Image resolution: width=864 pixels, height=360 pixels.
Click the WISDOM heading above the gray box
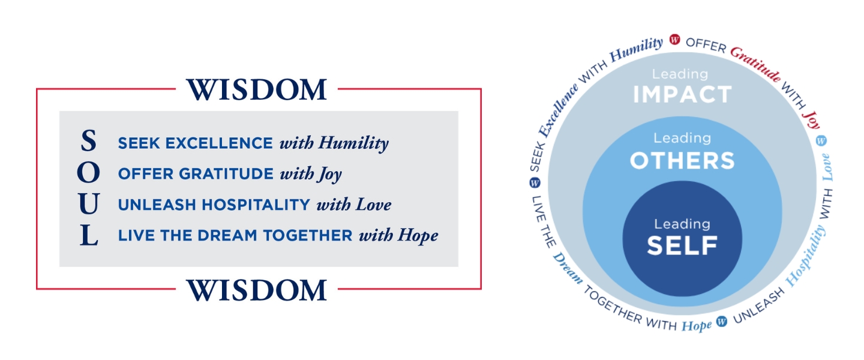point(257,90)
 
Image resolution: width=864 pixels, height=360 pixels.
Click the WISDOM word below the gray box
point(257,290)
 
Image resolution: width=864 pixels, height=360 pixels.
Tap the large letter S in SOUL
point(88,142)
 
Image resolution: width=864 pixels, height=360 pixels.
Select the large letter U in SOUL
point(88,204)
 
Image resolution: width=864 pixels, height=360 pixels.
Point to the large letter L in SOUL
point(89,235)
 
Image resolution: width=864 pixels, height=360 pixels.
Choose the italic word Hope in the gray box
point(418,236)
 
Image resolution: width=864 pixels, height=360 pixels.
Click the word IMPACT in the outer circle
point(682,94)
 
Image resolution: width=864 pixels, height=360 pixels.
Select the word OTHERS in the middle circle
point(682,160)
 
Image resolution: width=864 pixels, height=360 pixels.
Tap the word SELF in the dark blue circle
point(682,245)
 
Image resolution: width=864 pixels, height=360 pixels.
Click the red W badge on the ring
point(674,40)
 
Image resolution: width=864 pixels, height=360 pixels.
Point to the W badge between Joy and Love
point(821,140)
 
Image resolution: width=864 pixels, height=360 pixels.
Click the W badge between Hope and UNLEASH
point(722,322)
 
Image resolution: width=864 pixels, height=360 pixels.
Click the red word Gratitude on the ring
point(755,65)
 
